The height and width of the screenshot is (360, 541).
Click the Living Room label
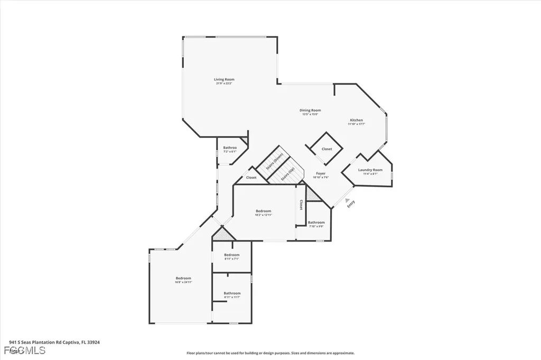coord(224,79)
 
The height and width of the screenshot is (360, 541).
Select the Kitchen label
coord(356,120)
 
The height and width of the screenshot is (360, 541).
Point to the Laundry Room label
coord(370,170)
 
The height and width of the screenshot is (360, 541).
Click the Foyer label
coord(321,173)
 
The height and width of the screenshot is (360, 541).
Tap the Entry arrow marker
coord(347,200)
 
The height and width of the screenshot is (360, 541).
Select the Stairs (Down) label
coord(275,160)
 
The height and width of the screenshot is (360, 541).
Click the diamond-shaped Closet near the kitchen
coord(327,149)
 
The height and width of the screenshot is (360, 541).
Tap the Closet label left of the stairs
coord(251,178)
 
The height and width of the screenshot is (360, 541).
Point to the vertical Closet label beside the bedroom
coord(301,205)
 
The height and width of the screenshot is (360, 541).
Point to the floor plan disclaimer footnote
coord(270,353)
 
